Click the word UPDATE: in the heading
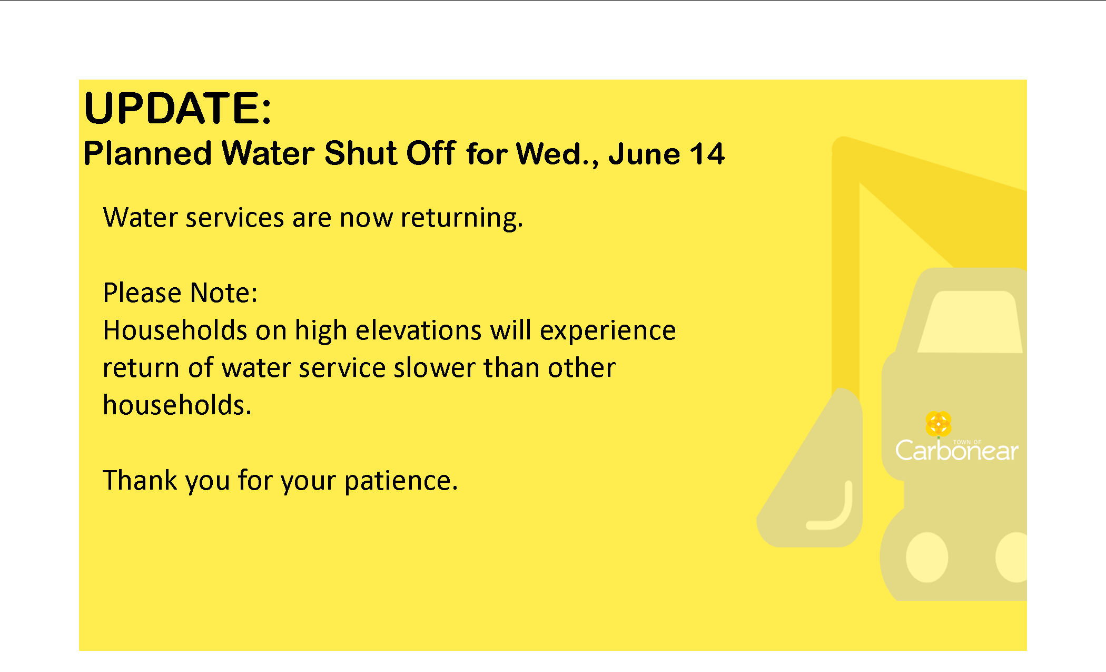pos(177,108)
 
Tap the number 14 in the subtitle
pos(707,154)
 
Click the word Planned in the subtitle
pos(147,154)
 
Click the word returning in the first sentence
pos(462,218)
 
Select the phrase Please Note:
pos(180,293)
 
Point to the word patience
pos(401,481)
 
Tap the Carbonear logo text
pos(956,451)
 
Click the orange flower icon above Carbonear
pos(939,424)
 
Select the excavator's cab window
pos(970,322)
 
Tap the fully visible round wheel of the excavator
pos(927,557)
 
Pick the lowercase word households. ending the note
pos(177,405)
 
